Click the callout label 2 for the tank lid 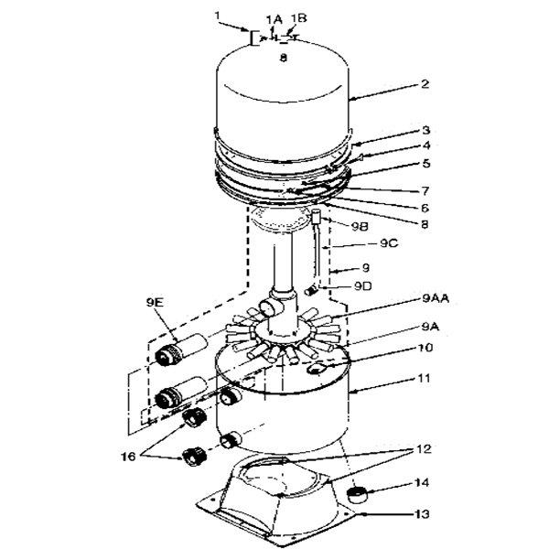click(x=425, y=84)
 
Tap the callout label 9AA click(x=436, y=298)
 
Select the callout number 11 click(x=424, y=378)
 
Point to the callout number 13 click(x=422, y=514)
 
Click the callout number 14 click(x=422, y=483)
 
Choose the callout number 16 click(x=128, y=457)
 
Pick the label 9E click(x=155, y=303)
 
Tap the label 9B click(x=360, y=227)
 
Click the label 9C click(x=389, y=243)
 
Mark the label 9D click(x=362, y=286)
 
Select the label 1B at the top click(x=298, y=18)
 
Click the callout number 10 click(x=425, y=348)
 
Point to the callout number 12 click(x=424, y=449)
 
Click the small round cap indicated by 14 click(x=356, y=494)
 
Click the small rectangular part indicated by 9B click(x=317, y=217)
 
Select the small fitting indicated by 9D click(x=310, y=290)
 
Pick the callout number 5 click(x=425, y=164)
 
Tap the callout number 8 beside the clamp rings click(x=425, y=224)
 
